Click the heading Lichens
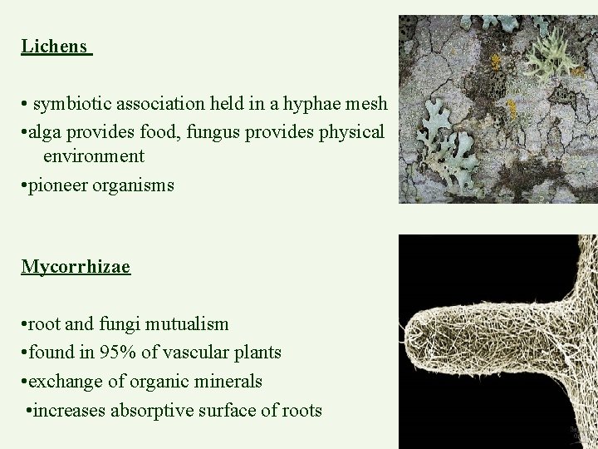54,47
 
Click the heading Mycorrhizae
76,267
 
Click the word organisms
135,185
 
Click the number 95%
118,353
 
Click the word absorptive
153,411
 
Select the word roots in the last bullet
301,411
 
